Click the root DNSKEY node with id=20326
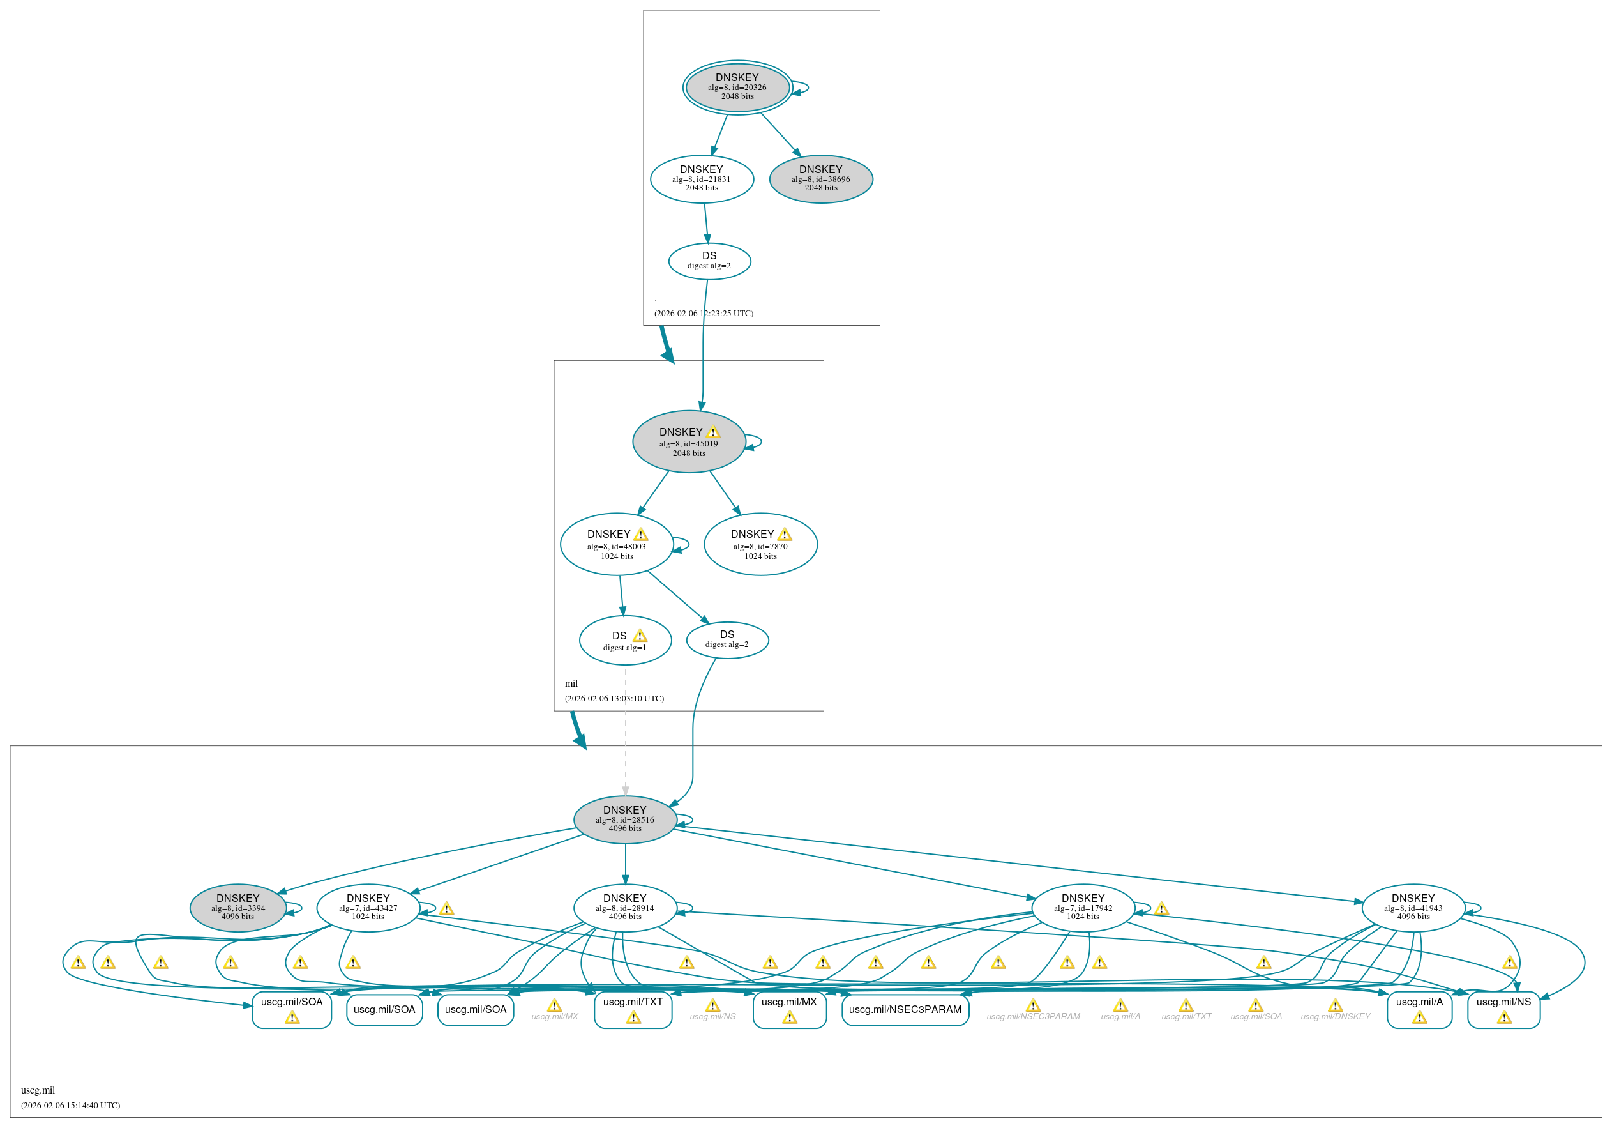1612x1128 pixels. [737, 87]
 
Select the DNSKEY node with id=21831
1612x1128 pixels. [702, 179]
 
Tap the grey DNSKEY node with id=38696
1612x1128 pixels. [821, 179]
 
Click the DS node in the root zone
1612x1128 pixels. [709, 261]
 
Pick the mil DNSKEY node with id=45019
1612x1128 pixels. [689, 442]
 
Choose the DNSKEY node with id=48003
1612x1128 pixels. [617, 544]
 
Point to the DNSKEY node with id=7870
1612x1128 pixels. [760, 544]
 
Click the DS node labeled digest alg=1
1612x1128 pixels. [625, 641]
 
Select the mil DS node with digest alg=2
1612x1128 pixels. [727, 640]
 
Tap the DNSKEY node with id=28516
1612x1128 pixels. [625, 819]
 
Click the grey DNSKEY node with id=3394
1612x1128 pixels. [238, 908]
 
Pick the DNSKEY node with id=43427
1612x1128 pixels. [368, 908]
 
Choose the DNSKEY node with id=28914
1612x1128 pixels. [625, 908]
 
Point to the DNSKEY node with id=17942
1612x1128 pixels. [1083, 908]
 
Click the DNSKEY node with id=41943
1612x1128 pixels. [1413, 908]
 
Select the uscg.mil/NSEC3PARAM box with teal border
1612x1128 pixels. [905, 1009]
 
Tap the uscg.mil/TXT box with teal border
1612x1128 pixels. [633, 1009]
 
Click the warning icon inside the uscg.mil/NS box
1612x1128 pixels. [1504, 1017]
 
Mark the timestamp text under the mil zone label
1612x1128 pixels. [614, 698]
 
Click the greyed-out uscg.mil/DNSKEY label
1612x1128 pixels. [1335, 1016]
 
